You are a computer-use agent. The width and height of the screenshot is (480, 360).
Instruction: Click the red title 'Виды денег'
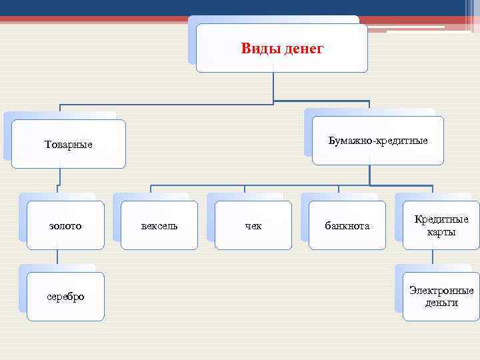(281, 49)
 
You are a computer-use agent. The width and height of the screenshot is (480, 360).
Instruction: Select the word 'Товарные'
(68, 145)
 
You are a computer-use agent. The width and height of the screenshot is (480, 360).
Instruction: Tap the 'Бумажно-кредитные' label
(378, 141)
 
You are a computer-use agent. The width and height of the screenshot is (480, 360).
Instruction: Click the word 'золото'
(65, 226)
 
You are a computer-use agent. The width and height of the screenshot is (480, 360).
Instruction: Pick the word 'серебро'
(65, 297)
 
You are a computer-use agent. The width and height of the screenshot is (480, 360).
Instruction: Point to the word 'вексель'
(159, 226)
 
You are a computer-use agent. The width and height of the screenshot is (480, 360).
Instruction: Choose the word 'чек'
(253, 226)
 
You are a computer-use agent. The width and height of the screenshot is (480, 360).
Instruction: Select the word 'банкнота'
(347, 226)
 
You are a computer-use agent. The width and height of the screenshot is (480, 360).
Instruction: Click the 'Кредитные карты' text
(441, 225)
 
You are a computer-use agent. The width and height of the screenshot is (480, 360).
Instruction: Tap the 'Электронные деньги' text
(441, 297)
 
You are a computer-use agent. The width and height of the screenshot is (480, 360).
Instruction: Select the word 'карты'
(441, 232)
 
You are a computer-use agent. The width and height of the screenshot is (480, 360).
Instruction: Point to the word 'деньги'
(441, 303)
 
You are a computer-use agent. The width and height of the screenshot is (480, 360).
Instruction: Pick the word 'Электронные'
(441, 291)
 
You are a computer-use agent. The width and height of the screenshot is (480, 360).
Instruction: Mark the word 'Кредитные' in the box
(441, 219)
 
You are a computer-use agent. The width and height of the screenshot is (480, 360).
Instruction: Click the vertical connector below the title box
(273, 87)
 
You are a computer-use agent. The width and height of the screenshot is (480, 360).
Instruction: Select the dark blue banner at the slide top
(200, 7)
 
